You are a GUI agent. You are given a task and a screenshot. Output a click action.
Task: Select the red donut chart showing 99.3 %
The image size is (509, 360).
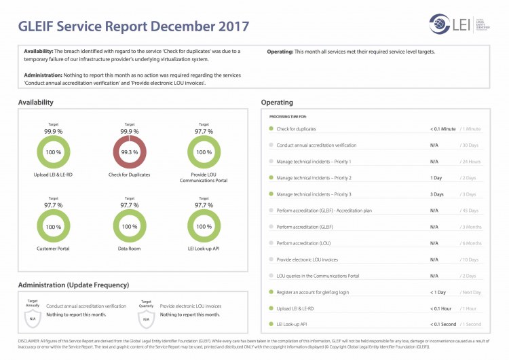(129, 152)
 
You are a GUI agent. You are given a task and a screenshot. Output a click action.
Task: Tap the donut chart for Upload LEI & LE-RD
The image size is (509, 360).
(53, 152)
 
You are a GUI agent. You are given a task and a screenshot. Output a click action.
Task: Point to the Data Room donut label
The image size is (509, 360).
(129, 249)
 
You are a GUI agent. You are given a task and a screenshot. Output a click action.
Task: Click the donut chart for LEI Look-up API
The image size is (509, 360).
(204, 226)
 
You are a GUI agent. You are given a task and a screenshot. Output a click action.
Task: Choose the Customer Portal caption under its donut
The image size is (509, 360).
(53, 249)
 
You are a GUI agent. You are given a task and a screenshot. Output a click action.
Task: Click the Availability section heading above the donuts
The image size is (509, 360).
(36, 103)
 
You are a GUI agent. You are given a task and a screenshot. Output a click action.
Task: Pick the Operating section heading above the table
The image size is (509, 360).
(277, 103)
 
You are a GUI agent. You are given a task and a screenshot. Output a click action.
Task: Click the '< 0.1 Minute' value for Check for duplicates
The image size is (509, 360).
(442, 128)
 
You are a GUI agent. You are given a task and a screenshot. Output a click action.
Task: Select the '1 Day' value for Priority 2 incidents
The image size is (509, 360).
(436, 178)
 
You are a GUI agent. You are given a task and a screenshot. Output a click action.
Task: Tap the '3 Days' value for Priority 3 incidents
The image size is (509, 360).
(437, 194)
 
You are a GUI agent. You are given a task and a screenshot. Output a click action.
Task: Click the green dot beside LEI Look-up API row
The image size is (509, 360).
(271, 325)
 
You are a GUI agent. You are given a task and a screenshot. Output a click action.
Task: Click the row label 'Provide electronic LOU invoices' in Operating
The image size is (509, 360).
(307, 259)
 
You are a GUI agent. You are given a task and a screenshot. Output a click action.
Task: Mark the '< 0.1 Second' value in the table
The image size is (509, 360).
(443, 325)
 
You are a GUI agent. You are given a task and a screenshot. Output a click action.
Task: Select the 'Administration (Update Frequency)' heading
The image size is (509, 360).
(73, 285)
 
